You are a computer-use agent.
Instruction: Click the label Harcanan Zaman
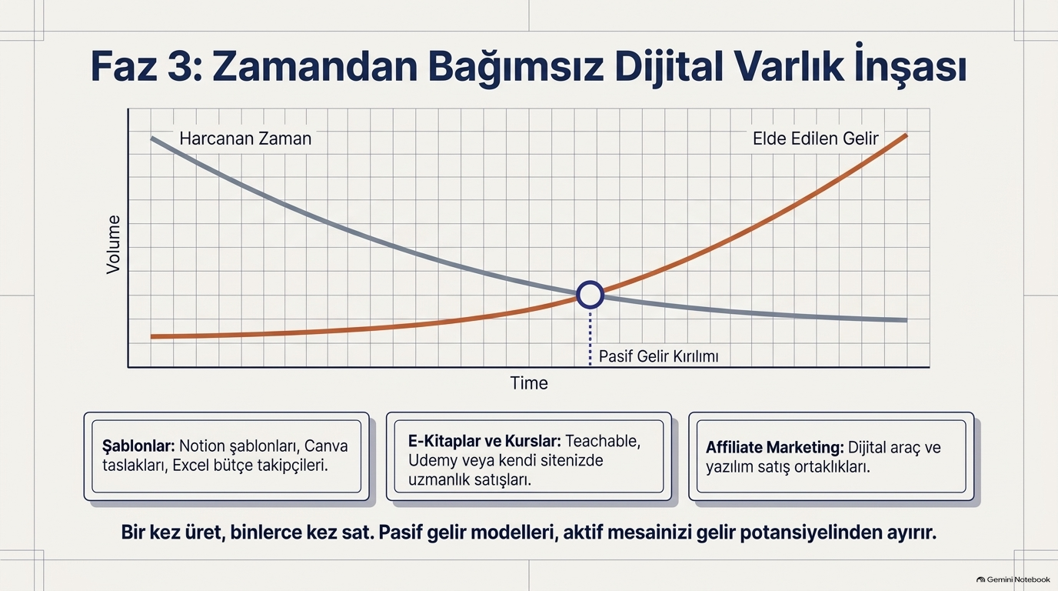(x=245, y=139)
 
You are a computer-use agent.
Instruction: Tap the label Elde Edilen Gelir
(x=815, y=139)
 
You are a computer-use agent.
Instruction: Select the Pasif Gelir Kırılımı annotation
(x=658, y=356)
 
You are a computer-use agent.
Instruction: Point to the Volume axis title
(x=113, y=245)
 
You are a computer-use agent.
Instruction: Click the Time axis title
(x=529, y=383)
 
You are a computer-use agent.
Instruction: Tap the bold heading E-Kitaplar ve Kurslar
(x=484, y=441)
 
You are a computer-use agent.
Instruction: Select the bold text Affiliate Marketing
(x=775, y=447)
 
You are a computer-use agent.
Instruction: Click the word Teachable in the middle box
(x=603, y=441)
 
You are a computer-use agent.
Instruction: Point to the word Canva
(x=326, y=446)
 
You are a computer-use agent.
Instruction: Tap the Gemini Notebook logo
(x=1013, y=579)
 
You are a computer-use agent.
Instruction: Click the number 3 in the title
(x=181, y=68)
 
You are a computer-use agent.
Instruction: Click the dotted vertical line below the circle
(x=590, y=338)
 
